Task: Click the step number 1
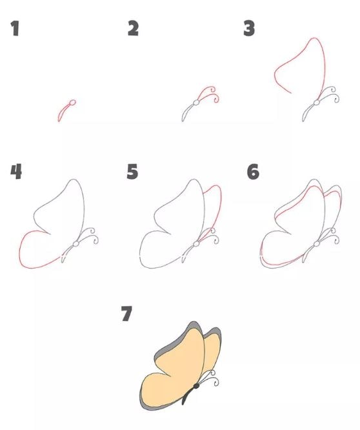[x=15, y=29]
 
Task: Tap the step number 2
[x=134, y=29]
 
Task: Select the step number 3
[x=249, y=29]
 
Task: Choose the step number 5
[x=133, y=172]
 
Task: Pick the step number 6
[x=253, y=172]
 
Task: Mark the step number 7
[x=126, y=314]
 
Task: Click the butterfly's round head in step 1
[x=72, y=103]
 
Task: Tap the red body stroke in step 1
[x=64, y=112]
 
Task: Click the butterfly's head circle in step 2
[x=196, y=103]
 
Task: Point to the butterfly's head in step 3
[x=317, y=103]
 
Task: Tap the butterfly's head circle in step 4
[x=76, y=243]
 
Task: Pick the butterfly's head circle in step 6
[x=317, y=243]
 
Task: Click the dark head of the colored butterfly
[x=196, y=386]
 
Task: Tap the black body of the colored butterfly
[x=188, y=396]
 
